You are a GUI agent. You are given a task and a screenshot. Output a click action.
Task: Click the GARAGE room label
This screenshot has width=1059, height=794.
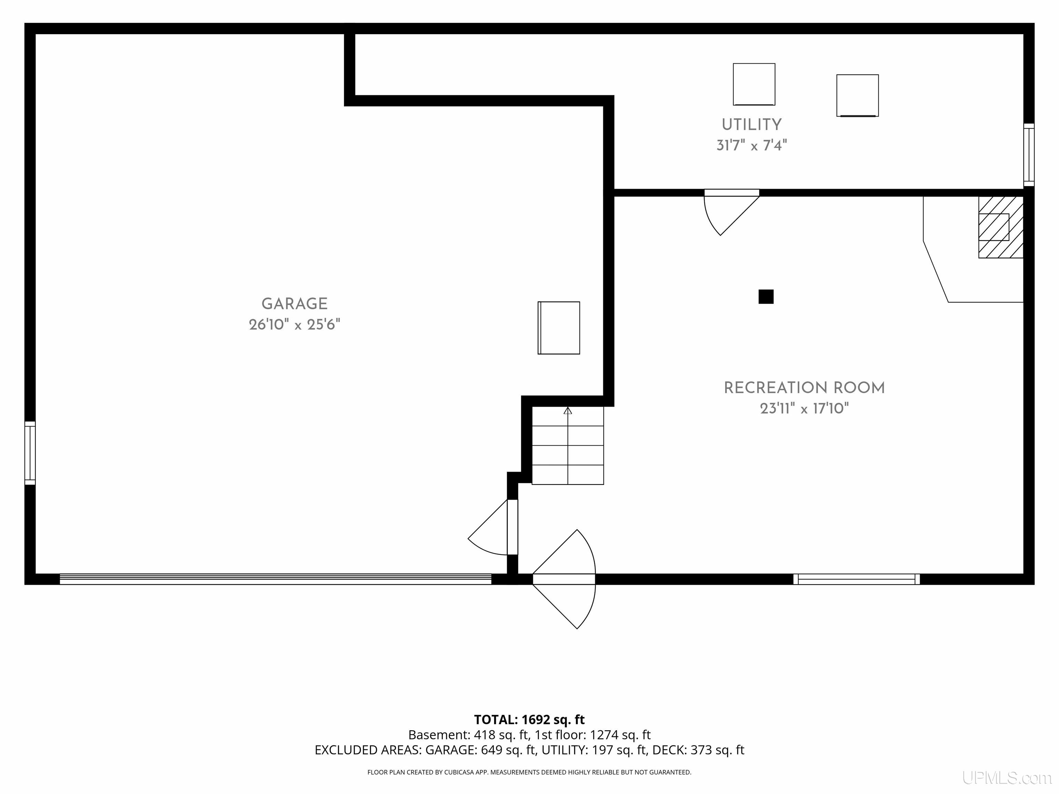coord(294,304)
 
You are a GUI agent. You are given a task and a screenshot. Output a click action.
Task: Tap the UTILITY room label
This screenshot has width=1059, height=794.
coord(752,125)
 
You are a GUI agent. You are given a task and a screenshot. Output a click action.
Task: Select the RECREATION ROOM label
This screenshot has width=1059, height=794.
coord(804,388)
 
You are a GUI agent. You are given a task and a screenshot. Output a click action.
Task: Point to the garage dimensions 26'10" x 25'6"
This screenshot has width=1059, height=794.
coord(294,325)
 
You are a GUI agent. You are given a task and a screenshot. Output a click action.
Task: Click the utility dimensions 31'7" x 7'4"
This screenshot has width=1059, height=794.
coord(752,145)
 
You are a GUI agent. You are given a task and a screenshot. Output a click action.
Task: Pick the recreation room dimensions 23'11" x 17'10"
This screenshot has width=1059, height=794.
coord(804,408)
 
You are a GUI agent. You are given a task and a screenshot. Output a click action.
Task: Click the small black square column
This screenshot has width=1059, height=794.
coord(766,297)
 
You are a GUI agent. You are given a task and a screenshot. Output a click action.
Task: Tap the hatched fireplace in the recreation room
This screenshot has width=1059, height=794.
coord(1001,227)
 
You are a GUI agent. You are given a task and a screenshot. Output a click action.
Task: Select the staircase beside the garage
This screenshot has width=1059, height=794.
coord(568,446)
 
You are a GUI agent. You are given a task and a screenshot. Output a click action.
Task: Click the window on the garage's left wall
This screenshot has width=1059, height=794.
coord(30,453)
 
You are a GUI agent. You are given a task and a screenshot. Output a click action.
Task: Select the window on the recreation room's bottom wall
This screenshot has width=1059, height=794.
coord(857,579)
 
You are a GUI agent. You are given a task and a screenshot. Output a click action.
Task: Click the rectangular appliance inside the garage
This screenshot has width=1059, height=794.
coord(559,328)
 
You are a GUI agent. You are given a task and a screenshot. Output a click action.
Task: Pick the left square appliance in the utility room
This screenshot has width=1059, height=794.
coord(754,84)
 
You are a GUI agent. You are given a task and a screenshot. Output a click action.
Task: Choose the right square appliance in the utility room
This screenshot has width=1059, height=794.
coord(857,95)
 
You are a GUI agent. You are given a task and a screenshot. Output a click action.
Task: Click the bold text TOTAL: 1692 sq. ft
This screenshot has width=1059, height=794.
coord(529,719)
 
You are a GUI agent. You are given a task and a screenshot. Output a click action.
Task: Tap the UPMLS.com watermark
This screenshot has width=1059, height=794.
coord(1007,778)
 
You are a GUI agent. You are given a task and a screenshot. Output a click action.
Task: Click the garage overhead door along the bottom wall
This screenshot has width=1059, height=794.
coord(276,579)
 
